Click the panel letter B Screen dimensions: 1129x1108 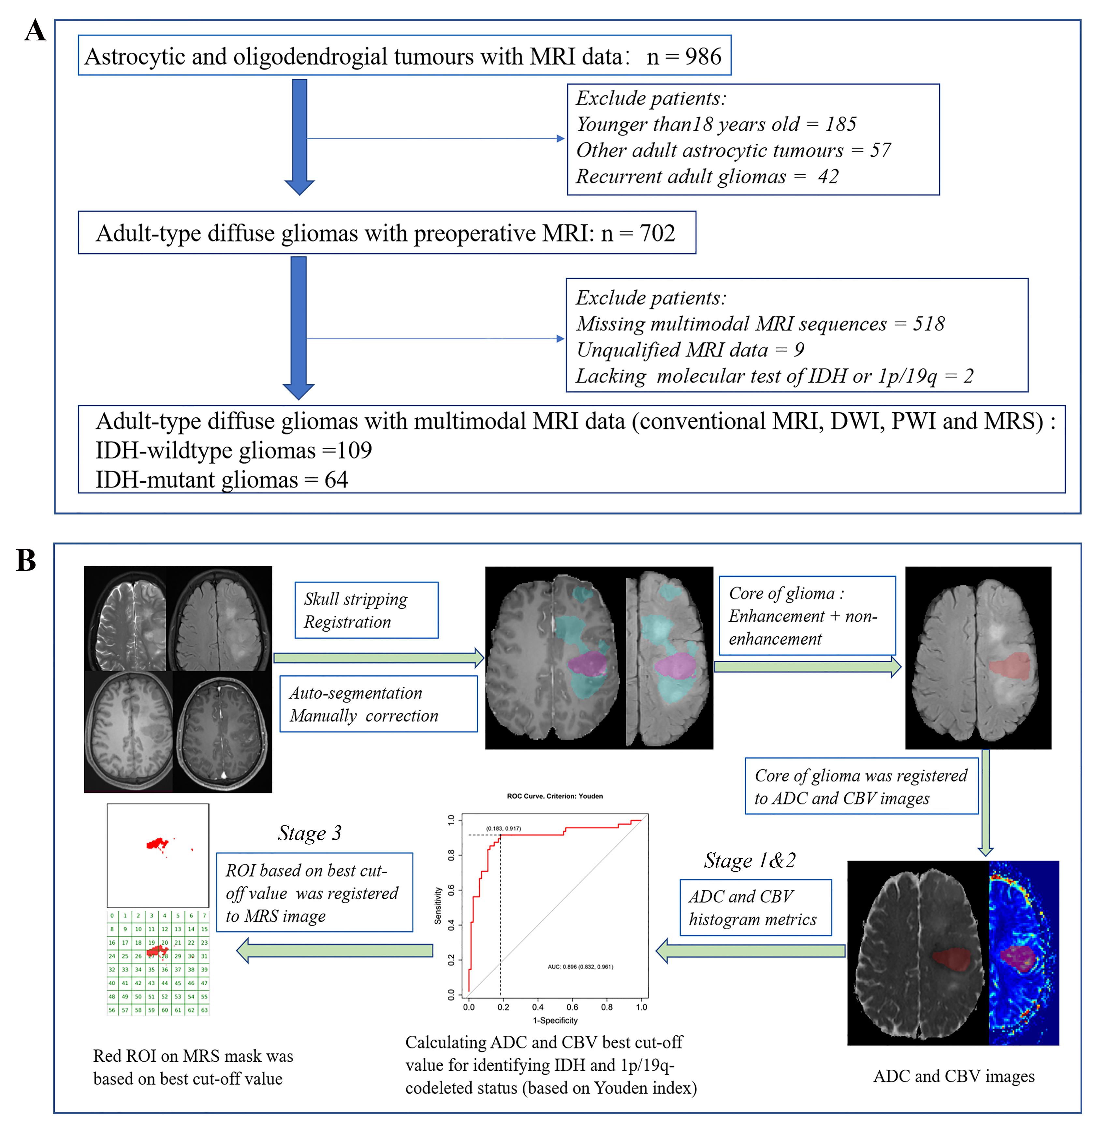26,560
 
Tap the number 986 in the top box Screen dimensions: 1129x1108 703,56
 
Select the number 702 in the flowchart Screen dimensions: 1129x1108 658,233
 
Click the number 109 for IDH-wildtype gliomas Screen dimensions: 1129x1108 355,450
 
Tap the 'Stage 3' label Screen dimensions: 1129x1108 310,833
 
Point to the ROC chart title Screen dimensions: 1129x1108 555,796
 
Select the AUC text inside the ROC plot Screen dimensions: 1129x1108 580,967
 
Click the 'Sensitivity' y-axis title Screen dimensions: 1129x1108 438,905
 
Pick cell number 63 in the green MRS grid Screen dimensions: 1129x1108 204,1010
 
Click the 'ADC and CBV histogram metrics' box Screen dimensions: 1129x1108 755,907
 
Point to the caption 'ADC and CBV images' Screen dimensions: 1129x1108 954,1076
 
